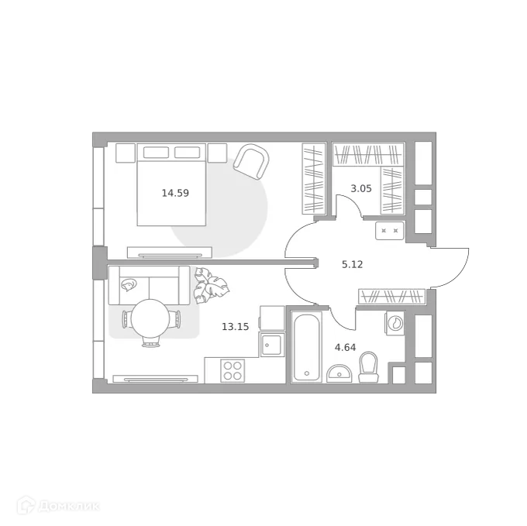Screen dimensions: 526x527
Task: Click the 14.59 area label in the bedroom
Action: (175, 194)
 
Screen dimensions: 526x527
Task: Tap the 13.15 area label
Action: (235, 327)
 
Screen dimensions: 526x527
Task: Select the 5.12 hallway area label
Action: (353, 263)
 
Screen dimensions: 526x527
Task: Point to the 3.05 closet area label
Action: (361, 188)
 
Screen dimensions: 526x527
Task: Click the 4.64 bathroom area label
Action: (346, 347)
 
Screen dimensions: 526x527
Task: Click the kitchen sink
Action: (272, 344)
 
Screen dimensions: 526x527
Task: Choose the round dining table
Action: (151, 318)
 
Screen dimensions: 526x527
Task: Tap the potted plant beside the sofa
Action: (211, 287)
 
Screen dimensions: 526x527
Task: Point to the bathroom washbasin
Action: (339, 375)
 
